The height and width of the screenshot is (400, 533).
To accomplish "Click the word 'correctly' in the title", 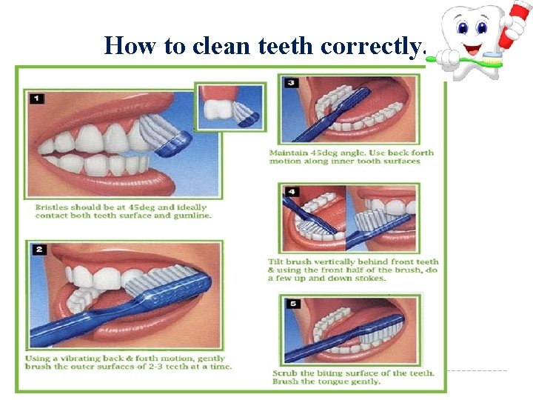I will pos(374,46).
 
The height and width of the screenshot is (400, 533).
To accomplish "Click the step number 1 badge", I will pos(36,99).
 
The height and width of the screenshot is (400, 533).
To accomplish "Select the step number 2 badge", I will pos(37,250).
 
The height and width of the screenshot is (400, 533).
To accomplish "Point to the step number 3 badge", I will pos(291,82).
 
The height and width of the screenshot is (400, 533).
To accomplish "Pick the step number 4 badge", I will pos(292,192).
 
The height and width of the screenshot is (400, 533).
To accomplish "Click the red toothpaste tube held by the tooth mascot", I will pos(508,27).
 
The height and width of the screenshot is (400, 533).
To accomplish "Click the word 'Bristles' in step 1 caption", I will pos(53,207).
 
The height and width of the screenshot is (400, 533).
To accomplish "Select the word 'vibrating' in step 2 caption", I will pos(93,358).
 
